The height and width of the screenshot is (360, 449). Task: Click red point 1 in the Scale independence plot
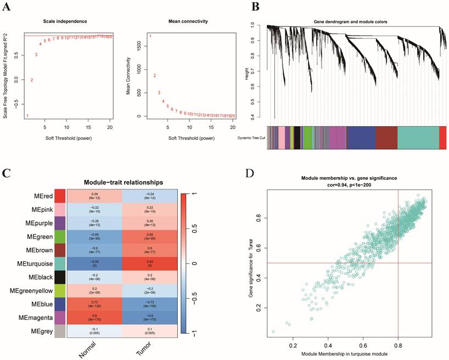click(27, 116)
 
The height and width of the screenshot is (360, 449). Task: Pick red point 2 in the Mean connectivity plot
click(155, 76)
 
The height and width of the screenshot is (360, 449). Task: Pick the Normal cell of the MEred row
click(94, 195)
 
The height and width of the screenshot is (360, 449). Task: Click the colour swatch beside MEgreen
click(60, 237)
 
